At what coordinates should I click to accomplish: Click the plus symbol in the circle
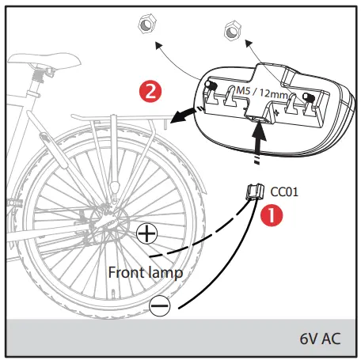(146, 233)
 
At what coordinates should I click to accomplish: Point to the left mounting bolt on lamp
(210, 84)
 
